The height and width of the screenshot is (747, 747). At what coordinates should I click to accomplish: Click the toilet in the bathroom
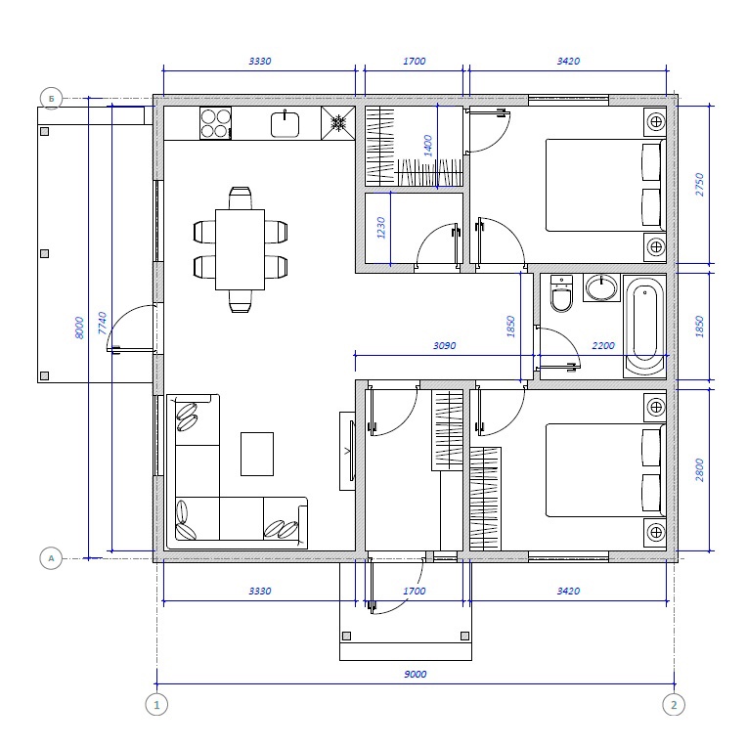pyautogui.click(x=561, y=293)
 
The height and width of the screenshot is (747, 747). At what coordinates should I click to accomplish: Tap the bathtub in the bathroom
pyautogui.click(x=644, y=327)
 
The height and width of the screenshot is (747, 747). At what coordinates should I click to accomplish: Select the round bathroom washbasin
pyautogui.click(x=601, y=288)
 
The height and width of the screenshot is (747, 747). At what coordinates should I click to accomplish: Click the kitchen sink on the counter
pyautogui.click(x=285, y=124)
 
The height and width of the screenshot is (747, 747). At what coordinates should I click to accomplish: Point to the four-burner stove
pyautogui.click(x=215, y=123)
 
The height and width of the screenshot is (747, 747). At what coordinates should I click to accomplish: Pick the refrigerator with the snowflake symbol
pyautogui.click(x=338, y=123)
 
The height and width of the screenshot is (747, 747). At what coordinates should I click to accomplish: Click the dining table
pyautogui.click(x=241, y=249)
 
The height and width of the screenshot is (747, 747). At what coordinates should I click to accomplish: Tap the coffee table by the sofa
pyautogui.click(x=257, y=454)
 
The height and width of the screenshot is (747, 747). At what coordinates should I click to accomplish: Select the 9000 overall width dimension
pyautogui.click(x=416, y=674)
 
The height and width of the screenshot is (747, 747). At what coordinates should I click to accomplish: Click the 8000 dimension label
pyautogui.click(x=79, y=328)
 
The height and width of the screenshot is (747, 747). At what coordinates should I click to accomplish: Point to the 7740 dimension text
pyautogui.click(x=102, y=323)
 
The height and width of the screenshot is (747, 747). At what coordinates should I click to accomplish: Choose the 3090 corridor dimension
pyautogui.click(x=445, y=345)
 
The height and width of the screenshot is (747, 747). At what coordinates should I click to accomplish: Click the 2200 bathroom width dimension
pyautogui.click(x=603, y=345)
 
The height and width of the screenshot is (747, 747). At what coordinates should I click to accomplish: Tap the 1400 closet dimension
pyautogui.click(x=428, y=146)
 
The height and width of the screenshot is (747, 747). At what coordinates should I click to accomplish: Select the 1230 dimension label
pyautogui.click(x=380, y=228)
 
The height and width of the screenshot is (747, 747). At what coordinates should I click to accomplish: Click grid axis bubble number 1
pyautogui.click(x=156, y=705)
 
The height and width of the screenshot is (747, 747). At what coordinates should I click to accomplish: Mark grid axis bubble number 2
pyautogui.click(x=674, y=705)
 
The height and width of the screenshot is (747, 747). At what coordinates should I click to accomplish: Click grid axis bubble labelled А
pyautogui.click(x=51, y=558)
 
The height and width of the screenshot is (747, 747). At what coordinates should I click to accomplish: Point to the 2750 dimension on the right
pyautogui.click(x=699, y=185)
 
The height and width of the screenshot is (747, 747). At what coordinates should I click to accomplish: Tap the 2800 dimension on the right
pyautogui.click(x=699, y=469)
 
